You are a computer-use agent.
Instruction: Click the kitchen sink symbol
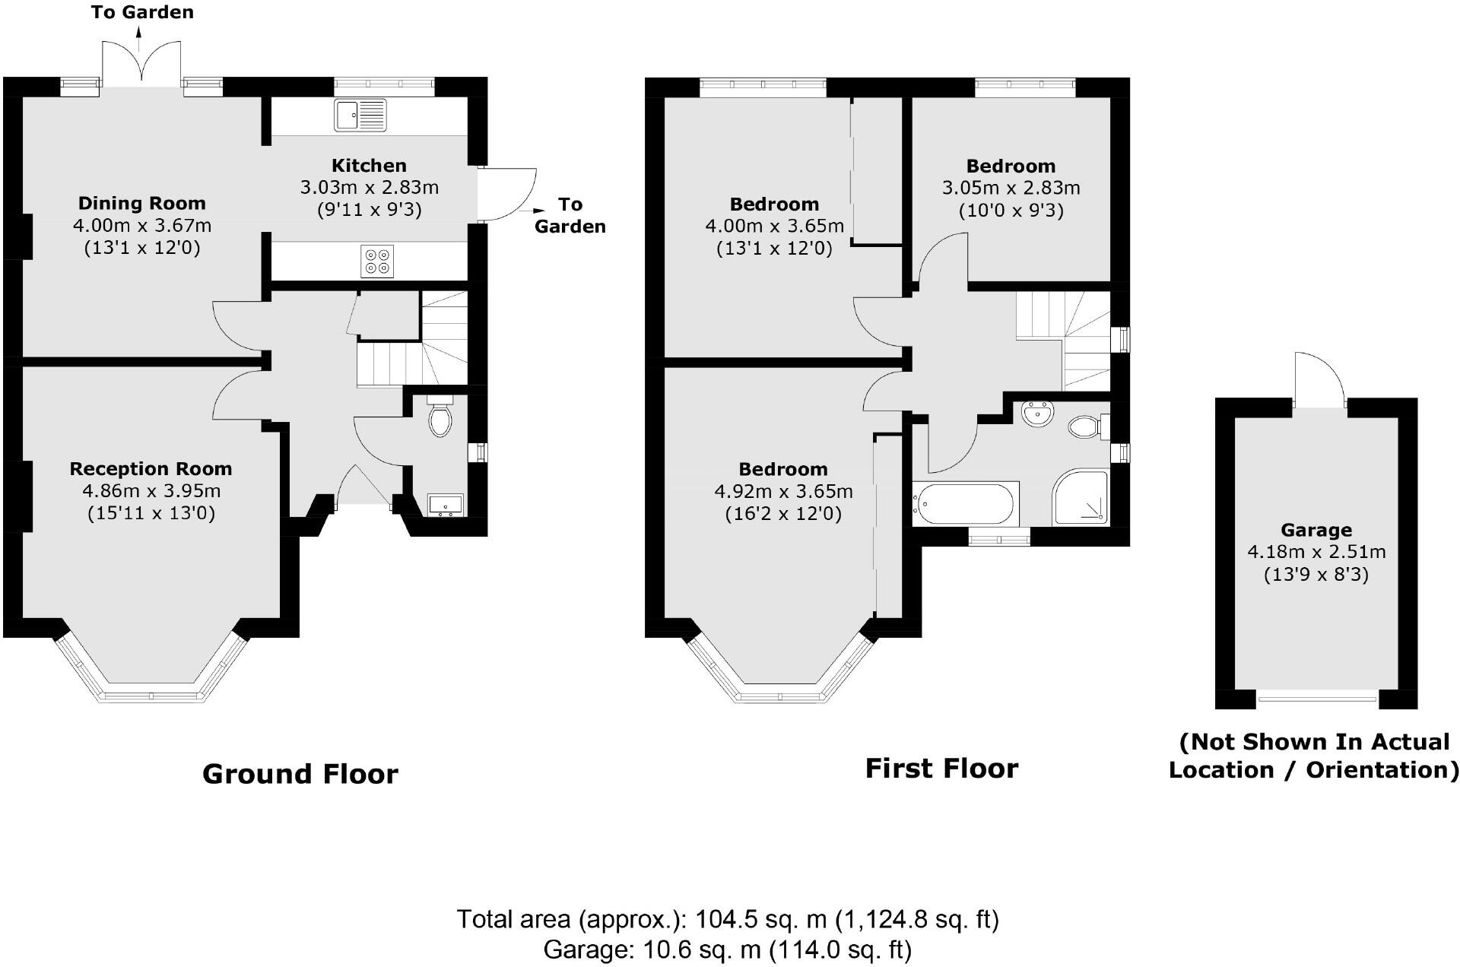click(360, 115)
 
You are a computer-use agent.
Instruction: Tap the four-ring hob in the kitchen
click(378, 262)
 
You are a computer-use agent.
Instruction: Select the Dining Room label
click(142, 203)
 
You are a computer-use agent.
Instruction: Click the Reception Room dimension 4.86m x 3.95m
click(151, 491)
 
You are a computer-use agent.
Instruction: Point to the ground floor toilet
click(440, 415)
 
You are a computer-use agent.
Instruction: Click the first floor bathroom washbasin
click(1038, 415)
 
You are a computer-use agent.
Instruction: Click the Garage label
click(1316, 530)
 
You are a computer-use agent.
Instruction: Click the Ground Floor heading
click(300, 774)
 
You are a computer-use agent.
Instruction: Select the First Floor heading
click(942, 769)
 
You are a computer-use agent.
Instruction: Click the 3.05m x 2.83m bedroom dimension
click(1011, 188)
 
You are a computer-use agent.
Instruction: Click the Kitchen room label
click(369, 166)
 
